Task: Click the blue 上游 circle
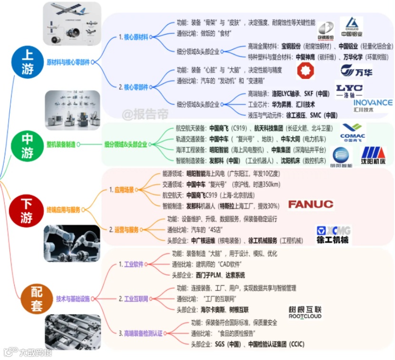click(28, 62)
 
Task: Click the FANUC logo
click(311, 205)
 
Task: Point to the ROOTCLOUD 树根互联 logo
click(305, 313)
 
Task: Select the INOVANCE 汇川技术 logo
click(373, 105)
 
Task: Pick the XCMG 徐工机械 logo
click(333, 235)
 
